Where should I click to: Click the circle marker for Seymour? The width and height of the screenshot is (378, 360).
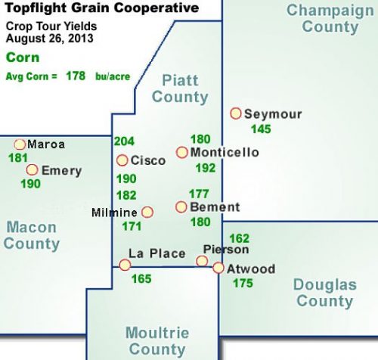(x=236, y=113)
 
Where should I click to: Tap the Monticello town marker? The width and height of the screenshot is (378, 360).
(x=182, y=152)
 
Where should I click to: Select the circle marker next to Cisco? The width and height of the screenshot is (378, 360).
(x=122, y=160)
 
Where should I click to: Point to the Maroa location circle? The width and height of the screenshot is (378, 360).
(x=20, y=144)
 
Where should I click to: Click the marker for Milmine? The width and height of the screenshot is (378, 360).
(x=147, y=212)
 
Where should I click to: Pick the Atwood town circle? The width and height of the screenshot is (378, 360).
(x=218, y=268)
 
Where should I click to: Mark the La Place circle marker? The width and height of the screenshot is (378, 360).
(x=125, y=265)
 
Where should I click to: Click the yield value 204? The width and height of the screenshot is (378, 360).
(x=123, y=141)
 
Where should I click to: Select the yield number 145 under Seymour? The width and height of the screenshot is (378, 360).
(x=261, y=129)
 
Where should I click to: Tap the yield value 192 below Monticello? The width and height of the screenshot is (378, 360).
(x=206, y=168)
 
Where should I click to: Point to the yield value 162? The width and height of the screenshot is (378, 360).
(x=239, y=238)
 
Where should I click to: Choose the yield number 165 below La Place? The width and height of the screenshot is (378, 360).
(x=141, y=279)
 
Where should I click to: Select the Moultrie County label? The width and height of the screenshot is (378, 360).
(x=156, y=341)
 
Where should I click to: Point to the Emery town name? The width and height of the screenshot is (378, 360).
(x=61, y=170)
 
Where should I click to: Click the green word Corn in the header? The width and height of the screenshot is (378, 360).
(x=20, y=57)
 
